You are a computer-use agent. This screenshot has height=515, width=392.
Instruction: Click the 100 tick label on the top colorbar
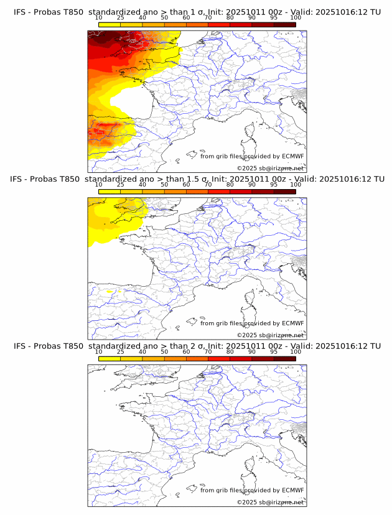[x=296, y=17]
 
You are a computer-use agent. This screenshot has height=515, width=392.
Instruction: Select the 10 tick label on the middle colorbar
[x=98, y=185]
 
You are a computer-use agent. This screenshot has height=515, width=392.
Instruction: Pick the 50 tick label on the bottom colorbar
[x=164, y=352]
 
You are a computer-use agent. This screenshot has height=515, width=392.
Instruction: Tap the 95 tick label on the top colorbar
[x=274, y=17]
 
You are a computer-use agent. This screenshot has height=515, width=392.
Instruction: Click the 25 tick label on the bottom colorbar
[x=120, y=352]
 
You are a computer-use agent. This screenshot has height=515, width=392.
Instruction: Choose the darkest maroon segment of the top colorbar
[x=284, y=24]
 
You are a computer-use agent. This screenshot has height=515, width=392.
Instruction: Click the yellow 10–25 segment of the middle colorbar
[x=110, y=192]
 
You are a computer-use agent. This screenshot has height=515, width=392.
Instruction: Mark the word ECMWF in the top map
[x=292, y=156]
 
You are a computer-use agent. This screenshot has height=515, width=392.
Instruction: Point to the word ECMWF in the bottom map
[x=292, y=490]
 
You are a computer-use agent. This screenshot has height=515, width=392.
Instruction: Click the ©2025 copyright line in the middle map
[x=270, y=335]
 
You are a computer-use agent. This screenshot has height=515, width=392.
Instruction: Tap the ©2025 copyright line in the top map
[x=270, y=169]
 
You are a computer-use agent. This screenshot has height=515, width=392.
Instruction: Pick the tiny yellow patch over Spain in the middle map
[x=111, y=290]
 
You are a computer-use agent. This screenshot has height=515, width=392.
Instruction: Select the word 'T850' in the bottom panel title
[x=71, y=346]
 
